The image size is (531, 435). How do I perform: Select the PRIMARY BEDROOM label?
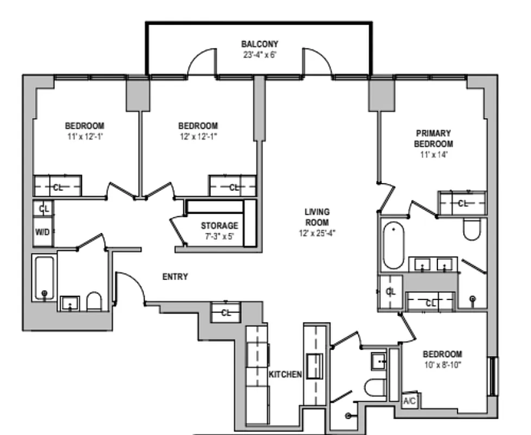click(433, 139)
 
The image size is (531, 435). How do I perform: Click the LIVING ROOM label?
click(317, 217)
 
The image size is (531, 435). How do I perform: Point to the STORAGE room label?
click(219, 226)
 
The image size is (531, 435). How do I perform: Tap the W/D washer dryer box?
click(42, 232)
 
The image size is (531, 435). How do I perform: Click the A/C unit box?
click(409, 401)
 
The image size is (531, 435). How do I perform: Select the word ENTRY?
click(175, 277)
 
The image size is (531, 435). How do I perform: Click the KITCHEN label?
click(285, 375)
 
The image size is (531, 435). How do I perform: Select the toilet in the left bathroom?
click(94, 302)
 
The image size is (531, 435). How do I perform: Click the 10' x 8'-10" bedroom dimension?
click(442, 365)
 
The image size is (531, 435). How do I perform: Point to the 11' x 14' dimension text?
click(433, 154)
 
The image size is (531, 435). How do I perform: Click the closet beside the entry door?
click(226, 313)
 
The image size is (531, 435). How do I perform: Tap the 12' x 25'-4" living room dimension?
click(317, 234)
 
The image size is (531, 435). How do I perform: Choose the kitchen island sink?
click(314, 365)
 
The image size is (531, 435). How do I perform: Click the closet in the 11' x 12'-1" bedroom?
click(58, 187)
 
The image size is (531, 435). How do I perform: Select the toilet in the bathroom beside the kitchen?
click(374, 388)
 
